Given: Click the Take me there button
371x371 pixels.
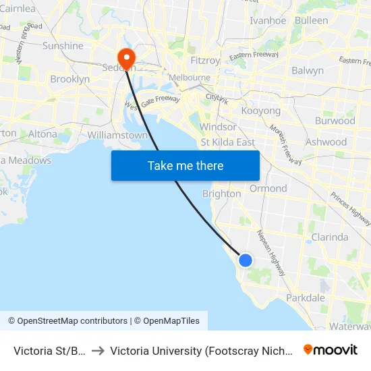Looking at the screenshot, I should (185, 165).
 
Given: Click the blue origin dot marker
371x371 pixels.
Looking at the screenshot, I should (246, 260).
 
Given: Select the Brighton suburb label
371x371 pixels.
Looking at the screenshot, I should (222, 194).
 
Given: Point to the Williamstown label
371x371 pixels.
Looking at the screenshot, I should (117, 135).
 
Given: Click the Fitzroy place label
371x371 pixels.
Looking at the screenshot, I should (205, 61).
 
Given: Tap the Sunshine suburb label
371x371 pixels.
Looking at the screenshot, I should (63, 46).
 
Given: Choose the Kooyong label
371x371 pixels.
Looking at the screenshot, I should (260, 110).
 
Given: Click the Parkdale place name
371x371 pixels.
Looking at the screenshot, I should (306, 297).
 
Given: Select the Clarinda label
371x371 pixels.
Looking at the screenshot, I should (330, 237).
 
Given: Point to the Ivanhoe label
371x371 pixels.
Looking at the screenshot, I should (268, 20).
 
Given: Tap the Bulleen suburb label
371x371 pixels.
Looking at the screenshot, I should (311, 20).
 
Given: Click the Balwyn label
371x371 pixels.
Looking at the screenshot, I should (308, 70).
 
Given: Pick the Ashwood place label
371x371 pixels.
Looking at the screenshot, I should (326, 142).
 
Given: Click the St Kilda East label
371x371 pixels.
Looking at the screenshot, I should (228, 142).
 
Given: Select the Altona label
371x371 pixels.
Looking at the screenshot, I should (42, 134).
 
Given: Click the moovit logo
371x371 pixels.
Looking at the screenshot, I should (331, 349).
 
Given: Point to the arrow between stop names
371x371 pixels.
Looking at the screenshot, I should (98, 351).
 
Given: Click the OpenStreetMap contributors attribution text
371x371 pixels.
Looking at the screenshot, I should (68, 321).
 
